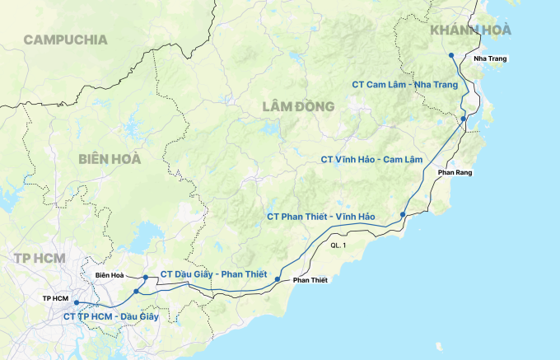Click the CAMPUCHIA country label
click(x=66, y=40)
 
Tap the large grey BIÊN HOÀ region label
click(x=110, y=159)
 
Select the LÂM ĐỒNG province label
click(x=298, y=106)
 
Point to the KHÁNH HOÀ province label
click(x=470, y=30)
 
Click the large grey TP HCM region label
click(x=39, y=258)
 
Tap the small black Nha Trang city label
click(x=491, y=58)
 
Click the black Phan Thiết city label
click(x=310, y=281)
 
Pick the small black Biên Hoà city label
click(x=109, y=275)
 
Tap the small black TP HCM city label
click(x=55, y=297)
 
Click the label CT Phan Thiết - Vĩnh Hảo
click(x=321, y=217)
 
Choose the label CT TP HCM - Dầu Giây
click(x=111, y=316)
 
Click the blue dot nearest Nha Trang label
click(x=451, y=55)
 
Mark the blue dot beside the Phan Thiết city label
click(x=278, y=280)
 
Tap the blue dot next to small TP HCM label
click(x=76, y=303)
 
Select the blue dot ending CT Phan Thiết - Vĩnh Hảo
click(x=402, y=215)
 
